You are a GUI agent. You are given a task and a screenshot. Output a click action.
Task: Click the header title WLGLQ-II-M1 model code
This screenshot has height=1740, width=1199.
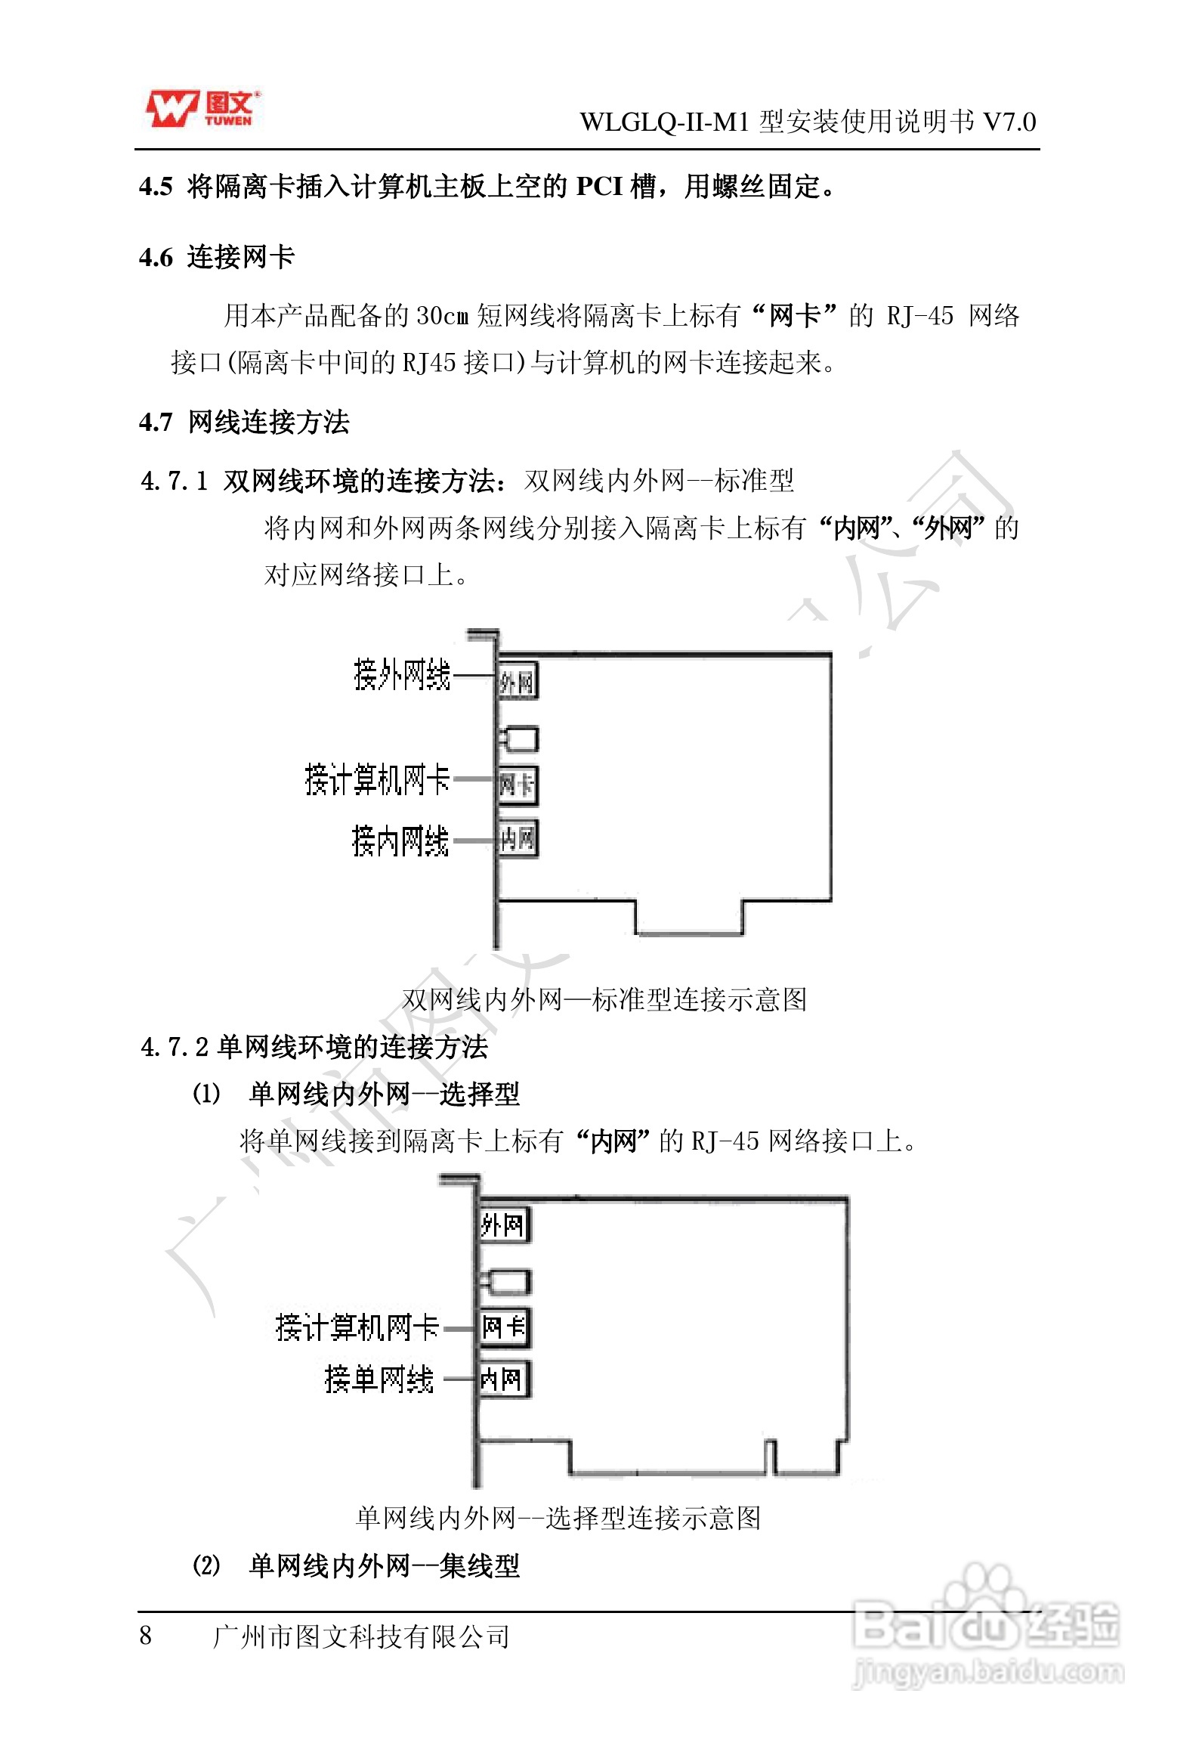click(666, 122)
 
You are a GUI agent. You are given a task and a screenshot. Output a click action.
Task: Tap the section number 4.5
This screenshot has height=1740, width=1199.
click(156, 187)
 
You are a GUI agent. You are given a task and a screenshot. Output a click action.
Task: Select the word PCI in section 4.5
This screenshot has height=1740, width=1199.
click(599, 186)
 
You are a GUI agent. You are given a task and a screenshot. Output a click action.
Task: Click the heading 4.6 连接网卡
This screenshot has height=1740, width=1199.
click(217, 257)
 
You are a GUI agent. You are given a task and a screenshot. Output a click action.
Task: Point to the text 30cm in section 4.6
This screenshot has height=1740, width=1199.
click(443, 316)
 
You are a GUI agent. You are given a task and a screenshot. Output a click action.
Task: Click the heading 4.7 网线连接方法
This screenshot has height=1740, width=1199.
click(244, 422)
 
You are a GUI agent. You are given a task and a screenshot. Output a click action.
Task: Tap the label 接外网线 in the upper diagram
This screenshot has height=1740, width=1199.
click(402, 674)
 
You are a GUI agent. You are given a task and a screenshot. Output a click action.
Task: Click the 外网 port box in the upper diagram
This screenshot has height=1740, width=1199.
click(518, 682)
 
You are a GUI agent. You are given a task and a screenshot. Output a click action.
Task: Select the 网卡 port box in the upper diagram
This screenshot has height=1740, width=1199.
click(518, 785)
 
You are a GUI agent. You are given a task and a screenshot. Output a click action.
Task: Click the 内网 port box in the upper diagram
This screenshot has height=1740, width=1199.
click(518, 838)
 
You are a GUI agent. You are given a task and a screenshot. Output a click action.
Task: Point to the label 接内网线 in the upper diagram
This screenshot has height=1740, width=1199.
click(400, 841)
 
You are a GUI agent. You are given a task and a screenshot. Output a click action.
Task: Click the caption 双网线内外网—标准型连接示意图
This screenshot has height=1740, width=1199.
click(604, 999)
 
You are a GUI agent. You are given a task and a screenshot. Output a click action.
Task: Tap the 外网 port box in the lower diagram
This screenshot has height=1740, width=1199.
click(504, 1225)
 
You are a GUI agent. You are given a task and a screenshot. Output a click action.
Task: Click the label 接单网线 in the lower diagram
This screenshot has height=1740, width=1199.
click(379, 1379)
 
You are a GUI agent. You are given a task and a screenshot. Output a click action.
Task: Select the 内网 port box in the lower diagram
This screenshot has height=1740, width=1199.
click(504, 1379)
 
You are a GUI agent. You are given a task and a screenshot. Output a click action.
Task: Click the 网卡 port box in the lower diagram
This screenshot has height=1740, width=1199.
click(504, 1327)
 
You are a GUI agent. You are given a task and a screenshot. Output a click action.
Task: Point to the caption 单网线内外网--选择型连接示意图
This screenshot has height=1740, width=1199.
click(558, 1517)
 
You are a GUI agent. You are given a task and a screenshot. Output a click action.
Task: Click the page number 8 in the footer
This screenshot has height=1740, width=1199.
click(146, 1636)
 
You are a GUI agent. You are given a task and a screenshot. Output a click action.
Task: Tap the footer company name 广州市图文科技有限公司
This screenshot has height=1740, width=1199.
click(361, 1636)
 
